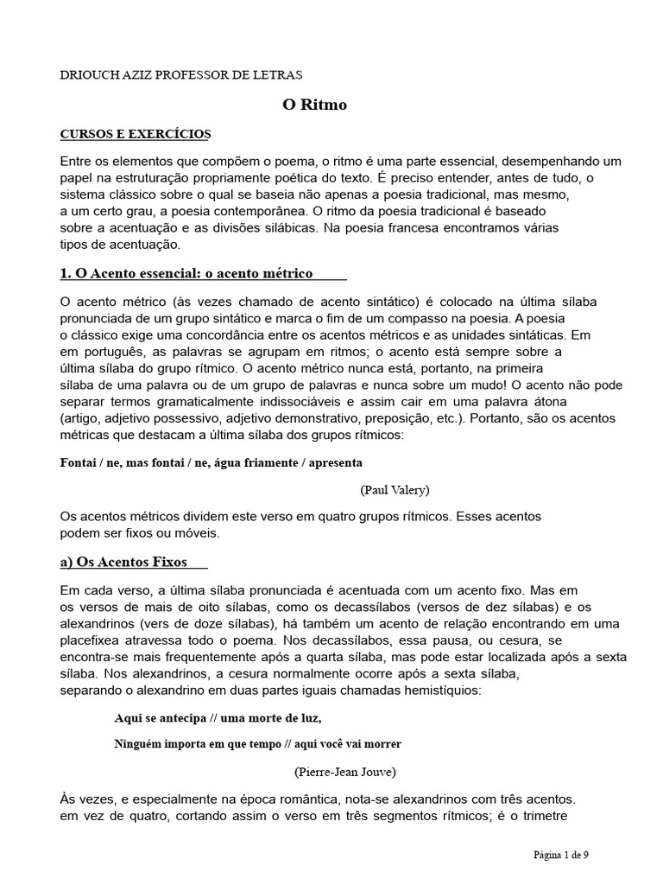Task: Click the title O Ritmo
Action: [314, 105]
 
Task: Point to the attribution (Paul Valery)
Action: [395, 489]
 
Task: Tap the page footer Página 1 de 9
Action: [561, 855]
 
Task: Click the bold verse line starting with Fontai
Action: [205, 462]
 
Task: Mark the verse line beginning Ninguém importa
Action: [257, 743]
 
